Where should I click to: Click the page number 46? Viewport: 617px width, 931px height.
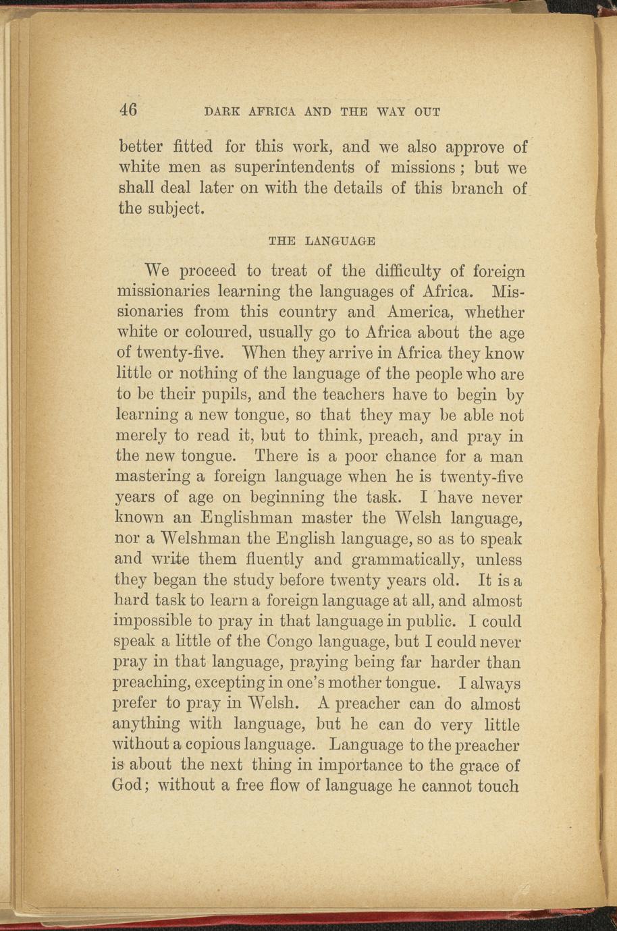pyautogui.click(x=128, y=110)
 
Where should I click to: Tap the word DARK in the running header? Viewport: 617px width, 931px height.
pyautogui.click(x=220, y=112)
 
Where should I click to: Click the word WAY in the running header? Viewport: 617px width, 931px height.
pyautogui.click(x=389, y=112)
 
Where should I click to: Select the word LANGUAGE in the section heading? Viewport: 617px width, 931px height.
pyautogui.click(x=340, y=240)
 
